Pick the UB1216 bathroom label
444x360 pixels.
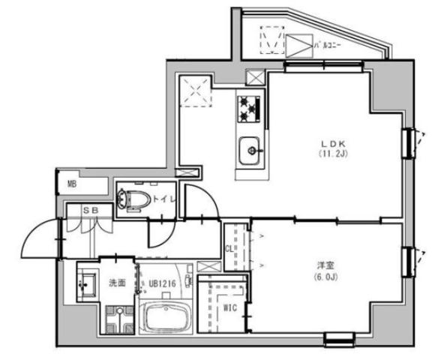pos(162,283)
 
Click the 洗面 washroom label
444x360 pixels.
pos(116,283)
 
